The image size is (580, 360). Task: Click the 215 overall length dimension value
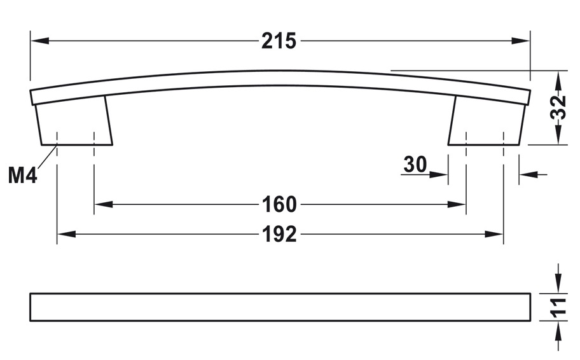pos(279,41)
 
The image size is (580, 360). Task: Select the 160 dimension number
pos(279,204)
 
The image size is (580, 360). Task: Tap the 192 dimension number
pos(279,234)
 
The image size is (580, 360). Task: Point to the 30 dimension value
pos(415,165)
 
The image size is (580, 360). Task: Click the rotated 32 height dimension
pos(558,107)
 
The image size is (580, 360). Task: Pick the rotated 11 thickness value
pos(558,307)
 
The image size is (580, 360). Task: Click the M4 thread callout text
pos(22,175)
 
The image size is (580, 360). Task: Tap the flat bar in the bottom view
pos(280,307)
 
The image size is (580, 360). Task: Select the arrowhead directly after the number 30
pos(440,174)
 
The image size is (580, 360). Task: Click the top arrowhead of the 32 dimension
pos(558,80)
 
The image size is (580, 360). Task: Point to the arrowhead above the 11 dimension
pos(558,286)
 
